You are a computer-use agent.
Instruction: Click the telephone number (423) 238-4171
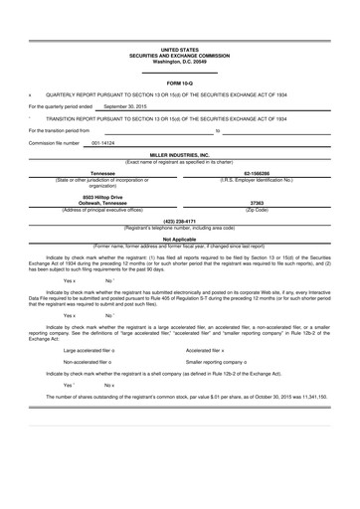(179, 222)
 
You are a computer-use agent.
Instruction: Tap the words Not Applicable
(179, 239)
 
